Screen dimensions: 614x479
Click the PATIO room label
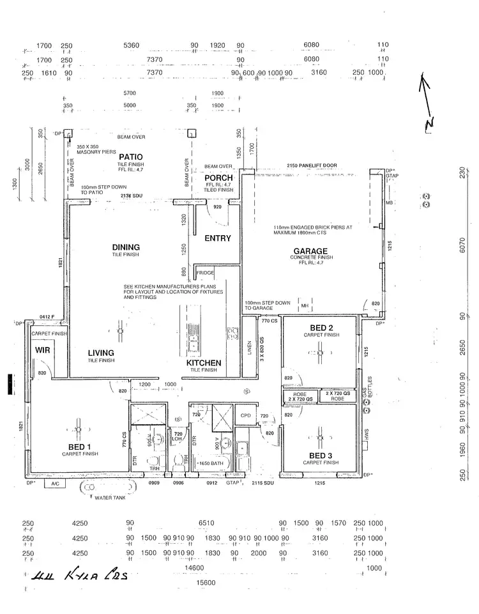[x=130, y=157]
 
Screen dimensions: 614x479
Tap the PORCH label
[x=218, y=178]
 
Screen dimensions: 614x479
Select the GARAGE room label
[x=310, y=251]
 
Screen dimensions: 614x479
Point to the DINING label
[x=126, y=247]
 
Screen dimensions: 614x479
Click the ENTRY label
[x=217, y=238]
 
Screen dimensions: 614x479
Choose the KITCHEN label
[x=204, y=363]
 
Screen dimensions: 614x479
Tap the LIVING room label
[x=102, y=353]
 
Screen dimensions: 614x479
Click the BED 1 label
[x=80, y=447]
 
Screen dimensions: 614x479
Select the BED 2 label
[x=322, y=328]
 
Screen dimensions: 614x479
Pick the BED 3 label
[x=321, y=455]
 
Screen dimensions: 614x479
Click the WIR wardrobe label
[x=42, y=349]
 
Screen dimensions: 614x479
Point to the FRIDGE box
[x=205, y=273]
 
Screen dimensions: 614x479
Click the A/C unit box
[x=54, y=484]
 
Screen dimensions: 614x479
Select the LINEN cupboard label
[x=248, y=348]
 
